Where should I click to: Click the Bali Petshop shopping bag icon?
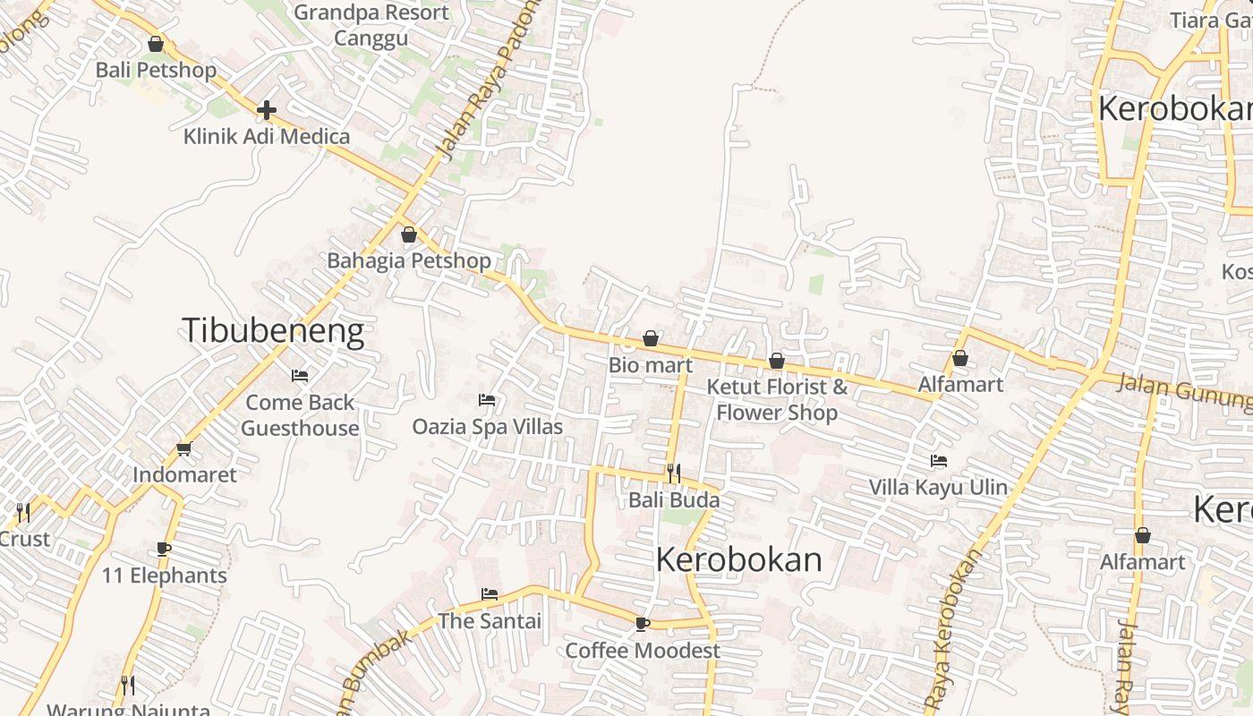point(156,44)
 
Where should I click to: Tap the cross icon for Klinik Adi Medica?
point(266,110)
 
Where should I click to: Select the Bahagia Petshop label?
point(409,260)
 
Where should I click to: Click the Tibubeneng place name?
point(273,331)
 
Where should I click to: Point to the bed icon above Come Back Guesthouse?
point(300,376)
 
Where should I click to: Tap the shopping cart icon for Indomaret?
point(184,448)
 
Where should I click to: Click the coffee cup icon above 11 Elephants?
point(164,549)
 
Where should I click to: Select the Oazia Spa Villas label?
point(488,426)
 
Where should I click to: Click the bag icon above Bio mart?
point(651,338)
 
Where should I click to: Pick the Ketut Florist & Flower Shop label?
point(777,399)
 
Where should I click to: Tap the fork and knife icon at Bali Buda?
point(674,473)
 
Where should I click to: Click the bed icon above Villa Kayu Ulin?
point(939,461)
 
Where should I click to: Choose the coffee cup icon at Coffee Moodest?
point(642,624)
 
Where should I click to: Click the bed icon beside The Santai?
point(490,593)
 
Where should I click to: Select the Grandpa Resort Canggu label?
point(371,25)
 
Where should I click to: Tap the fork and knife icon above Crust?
point(23,513)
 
